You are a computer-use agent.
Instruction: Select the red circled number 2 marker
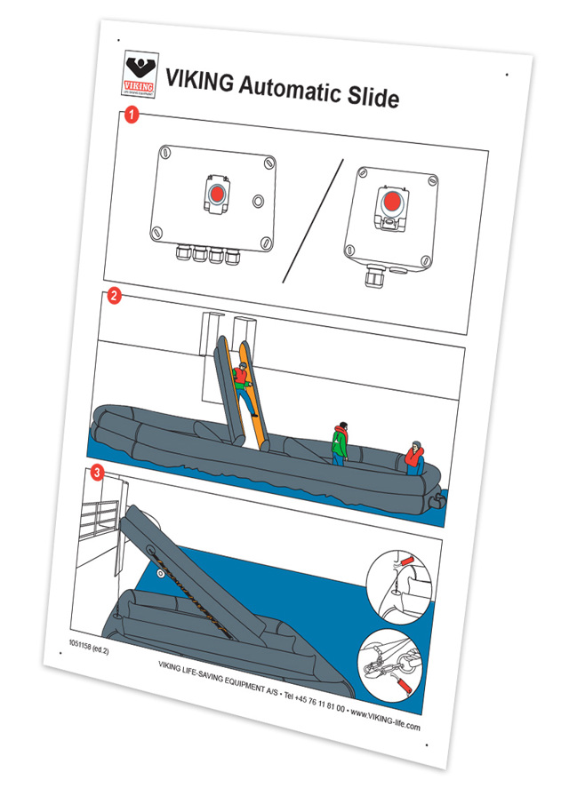coord(114,299)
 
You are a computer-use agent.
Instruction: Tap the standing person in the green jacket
coord(339,442)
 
